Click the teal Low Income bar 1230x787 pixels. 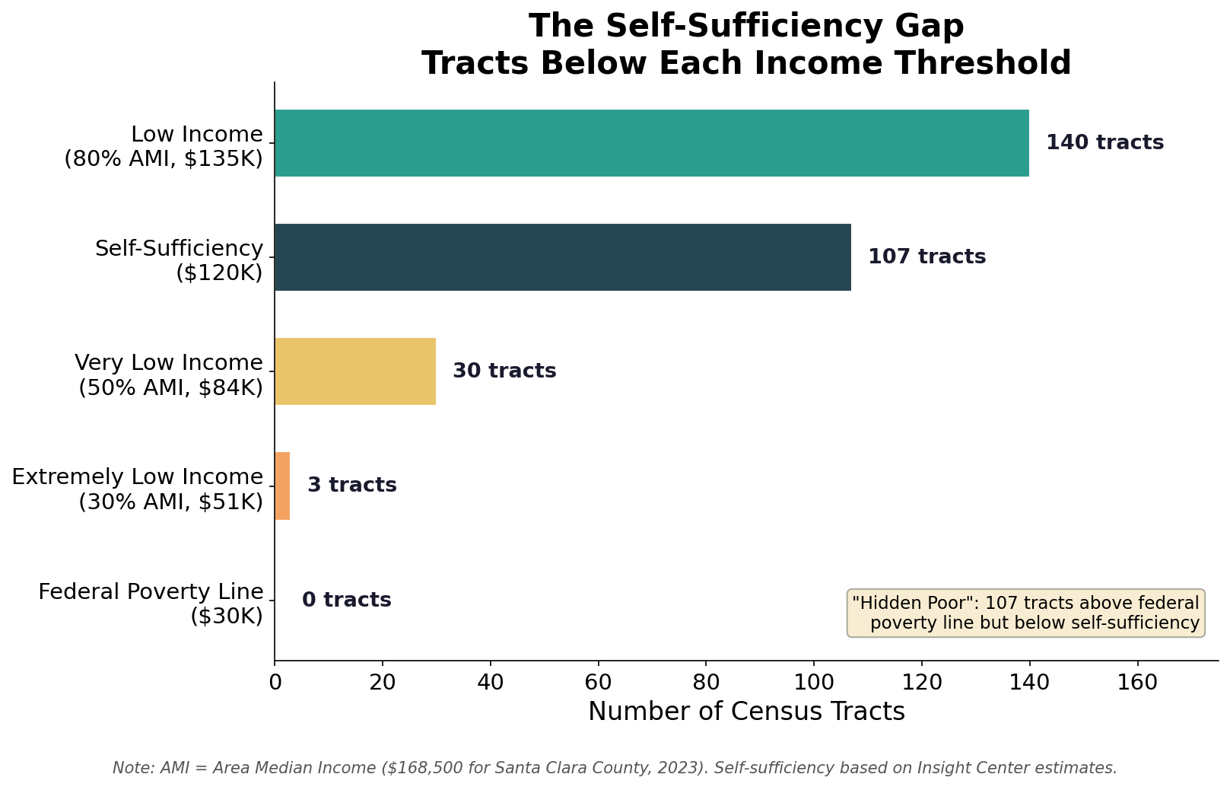click(651, 143)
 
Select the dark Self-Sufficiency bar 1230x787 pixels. click(562, 257)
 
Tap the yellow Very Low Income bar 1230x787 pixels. click(354, 371)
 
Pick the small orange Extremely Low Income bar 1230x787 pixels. click(282, 486)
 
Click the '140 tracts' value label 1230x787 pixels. click(1104, 143)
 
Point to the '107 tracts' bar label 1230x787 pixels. click(926, 257)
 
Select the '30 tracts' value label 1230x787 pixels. click(504, 371)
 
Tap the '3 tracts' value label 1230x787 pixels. click(351, 486)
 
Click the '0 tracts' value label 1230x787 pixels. click(346, 601)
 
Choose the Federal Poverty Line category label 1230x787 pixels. click(151, 604)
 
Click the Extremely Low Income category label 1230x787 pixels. click(137, 489)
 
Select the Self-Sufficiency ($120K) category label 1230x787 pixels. click(179, 260)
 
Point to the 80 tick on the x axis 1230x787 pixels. click(706, 682)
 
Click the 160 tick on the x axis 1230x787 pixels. click(1137, 682)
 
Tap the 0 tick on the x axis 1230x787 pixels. click(275, 682)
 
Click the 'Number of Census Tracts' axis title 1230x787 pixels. click(746, 712)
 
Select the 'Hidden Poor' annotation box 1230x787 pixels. click(1025, 613)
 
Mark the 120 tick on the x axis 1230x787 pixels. click(922, 682)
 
